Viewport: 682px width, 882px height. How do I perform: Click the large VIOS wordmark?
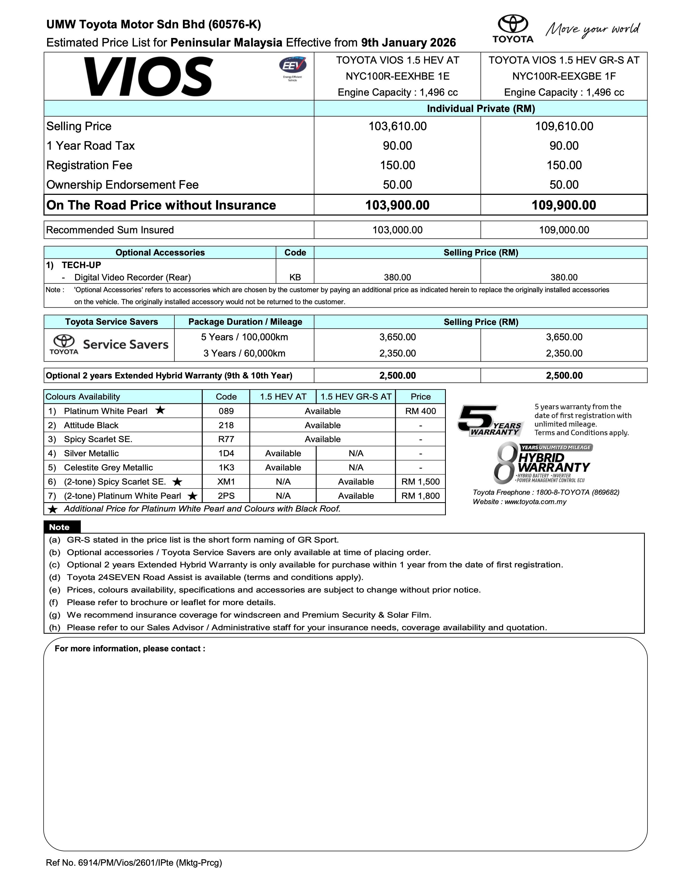point(148,76)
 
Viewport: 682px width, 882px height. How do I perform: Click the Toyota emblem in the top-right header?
point(513,25)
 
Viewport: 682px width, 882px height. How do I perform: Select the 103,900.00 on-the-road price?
point(397,205)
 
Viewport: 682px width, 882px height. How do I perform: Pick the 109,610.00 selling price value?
point(564,126)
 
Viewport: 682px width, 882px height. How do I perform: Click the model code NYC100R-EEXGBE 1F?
point(564,76)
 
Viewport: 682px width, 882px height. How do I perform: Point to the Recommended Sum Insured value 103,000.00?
point(397,230)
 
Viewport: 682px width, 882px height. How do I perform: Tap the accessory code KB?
point(295,277)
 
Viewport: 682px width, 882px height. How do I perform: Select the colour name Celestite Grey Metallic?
point(108,468)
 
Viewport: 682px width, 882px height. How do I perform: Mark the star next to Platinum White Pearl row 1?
point(160,410)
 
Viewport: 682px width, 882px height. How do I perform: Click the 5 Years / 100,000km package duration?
point(244,337)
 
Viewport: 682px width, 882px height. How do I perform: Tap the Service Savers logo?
point(109,345)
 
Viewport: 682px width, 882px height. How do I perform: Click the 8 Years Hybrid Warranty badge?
point(541,463)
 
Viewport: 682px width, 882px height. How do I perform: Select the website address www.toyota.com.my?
point(535,502)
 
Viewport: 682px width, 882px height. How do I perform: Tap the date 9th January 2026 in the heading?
point(408,43)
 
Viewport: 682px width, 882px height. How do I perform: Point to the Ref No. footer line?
point(134,863)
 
